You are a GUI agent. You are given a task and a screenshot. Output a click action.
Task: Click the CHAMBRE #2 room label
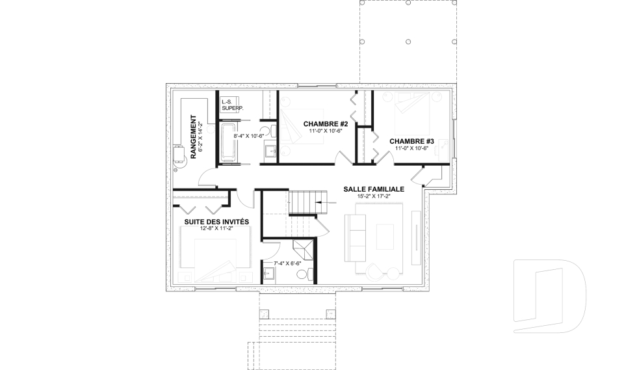click(325, 124)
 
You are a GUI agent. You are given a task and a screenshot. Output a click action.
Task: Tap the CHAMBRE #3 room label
click(411, 141)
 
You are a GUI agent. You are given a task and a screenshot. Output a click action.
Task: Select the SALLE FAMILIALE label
click(374, 189)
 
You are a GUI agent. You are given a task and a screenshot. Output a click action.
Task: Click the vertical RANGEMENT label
click(193, 137)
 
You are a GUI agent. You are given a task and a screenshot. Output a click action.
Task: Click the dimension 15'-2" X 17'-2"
click(374, 196)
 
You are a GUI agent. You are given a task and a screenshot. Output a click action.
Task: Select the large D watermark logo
click(549, 295)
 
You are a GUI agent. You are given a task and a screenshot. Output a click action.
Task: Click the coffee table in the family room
click(385, 235)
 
